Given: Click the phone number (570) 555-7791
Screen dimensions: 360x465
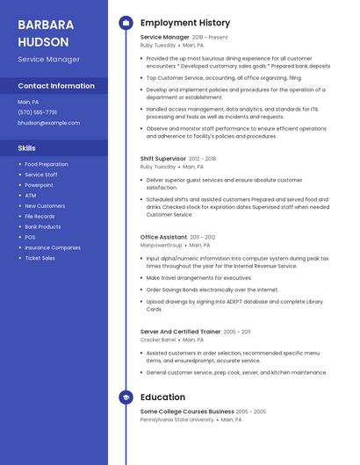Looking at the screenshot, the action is tap(37, 112).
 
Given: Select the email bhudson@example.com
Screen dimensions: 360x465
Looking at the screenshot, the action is tap(48, 123).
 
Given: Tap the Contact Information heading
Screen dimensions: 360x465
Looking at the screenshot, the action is tap(56, 86).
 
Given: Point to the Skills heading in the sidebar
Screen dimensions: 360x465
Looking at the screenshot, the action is tap(27, 148).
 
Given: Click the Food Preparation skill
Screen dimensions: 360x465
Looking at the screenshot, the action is tap(47, 164).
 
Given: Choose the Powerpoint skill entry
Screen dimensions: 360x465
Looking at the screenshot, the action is tap(39, 185).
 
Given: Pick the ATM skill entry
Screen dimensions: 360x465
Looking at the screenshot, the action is tap(30, 196).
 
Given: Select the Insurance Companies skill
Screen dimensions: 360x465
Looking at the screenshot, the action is tap(53, 247).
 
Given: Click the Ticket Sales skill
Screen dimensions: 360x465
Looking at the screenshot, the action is tap(40, 258).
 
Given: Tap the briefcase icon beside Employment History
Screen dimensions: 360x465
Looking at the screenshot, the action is tap(126, 23).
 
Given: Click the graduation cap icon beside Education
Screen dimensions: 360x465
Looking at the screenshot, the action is tap(126, 397).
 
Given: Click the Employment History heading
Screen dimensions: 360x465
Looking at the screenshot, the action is tap(185, 23).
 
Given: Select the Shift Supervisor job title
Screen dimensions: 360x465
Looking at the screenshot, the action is tap(162, 159).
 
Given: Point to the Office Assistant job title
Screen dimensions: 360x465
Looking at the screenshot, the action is tap(163, 237).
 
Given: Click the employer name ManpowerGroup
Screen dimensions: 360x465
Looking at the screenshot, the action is tap(162, 245).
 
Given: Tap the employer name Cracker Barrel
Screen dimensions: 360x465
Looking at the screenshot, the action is tap(158, 340).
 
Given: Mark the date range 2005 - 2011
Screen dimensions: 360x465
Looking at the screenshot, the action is tap(237, 332).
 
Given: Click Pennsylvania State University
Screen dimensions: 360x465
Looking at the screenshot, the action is tap(176, 419).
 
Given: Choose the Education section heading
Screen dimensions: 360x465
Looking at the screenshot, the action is tap(162, 397).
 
